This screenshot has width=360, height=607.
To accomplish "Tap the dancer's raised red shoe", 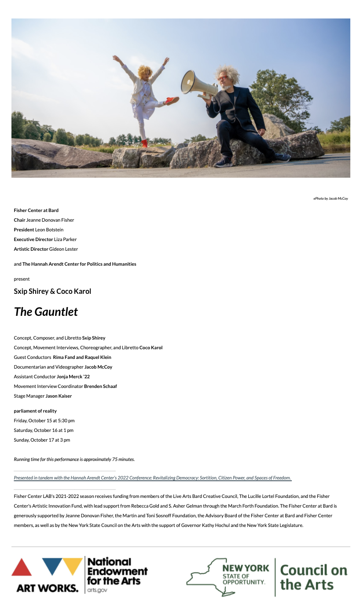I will [173, 100].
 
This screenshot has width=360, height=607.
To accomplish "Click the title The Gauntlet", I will [46, 311].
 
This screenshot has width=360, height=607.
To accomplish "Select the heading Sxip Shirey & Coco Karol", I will [52, 291].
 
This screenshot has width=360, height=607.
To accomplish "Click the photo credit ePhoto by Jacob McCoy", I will [331, 198].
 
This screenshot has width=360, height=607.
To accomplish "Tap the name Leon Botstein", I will [49, 230].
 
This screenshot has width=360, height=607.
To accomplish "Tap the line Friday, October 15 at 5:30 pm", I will [44, 421].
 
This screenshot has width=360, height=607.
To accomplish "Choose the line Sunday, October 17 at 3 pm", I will [42, 440].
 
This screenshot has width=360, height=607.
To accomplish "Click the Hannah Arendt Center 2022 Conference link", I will [152, 478].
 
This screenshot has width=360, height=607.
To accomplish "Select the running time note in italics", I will [74, 459].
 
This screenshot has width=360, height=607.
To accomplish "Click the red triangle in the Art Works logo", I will [22, 567].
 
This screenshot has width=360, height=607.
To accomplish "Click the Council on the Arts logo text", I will [313, 577].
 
